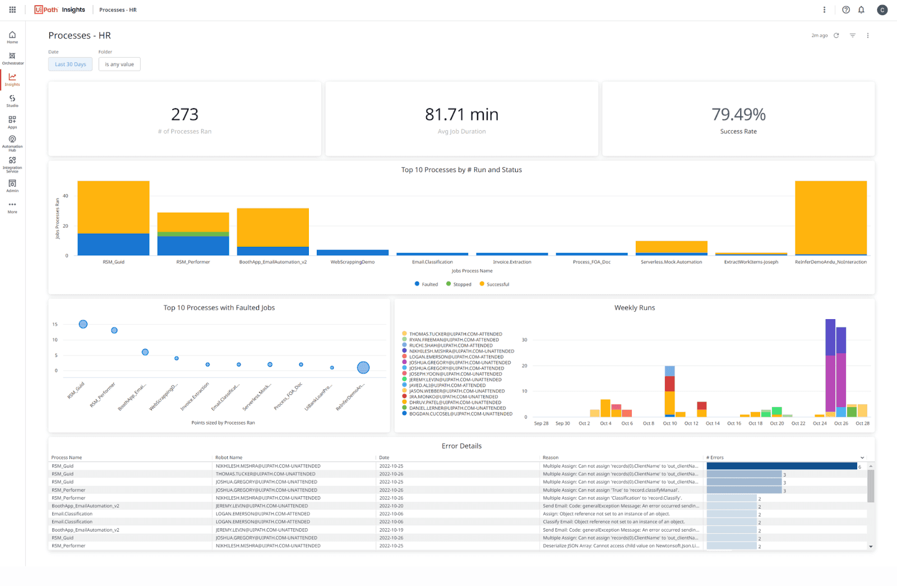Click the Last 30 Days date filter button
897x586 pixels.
pos(70,64)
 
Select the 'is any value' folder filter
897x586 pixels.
pos(119,64)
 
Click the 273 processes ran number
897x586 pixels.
pos(184,114)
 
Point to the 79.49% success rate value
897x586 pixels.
pos(738,114)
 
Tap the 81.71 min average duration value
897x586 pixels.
pos(461,114)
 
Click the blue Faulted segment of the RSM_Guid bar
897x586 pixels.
pos(113,244)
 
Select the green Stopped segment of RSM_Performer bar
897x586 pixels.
pos(193,234)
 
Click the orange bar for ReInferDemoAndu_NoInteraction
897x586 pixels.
pos(830,218)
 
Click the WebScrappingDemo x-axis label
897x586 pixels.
pos(353,262)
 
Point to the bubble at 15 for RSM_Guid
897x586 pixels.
pos(83,324)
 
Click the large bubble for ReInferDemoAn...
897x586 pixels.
pos(363,368)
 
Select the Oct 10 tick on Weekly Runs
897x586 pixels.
pos(669,423)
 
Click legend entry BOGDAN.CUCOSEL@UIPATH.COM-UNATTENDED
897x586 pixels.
pos(460,414)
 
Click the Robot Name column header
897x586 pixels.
pos(229,458)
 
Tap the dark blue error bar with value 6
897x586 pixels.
pos(782,466)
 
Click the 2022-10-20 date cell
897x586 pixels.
pos(391,506)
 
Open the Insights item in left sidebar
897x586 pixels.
pos(12,80)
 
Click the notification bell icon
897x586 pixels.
pos(861,10)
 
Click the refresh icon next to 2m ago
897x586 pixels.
pos(836,35)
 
